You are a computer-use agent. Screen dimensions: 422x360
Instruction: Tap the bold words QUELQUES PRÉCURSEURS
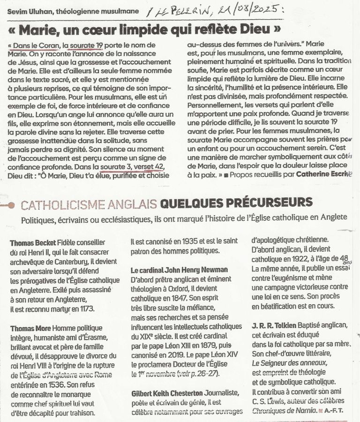click(x=236, y=203)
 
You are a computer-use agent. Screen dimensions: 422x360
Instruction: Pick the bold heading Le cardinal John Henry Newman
click(x=180, y=270)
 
